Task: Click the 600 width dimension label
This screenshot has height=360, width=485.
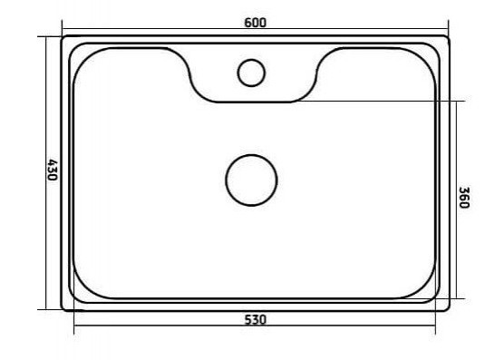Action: (x=255, y=23)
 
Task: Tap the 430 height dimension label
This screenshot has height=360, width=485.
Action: (x=53, y=170)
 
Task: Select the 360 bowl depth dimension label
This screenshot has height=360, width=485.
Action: (x=464, y=198)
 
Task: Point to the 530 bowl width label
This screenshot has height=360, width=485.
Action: (x=255, y=320)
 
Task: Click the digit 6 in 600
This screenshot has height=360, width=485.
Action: (x=247, y=23)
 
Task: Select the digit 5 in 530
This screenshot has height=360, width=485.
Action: (x=248, y=320)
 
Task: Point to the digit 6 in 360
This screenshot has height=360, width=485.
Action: (x=464, y=198)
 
